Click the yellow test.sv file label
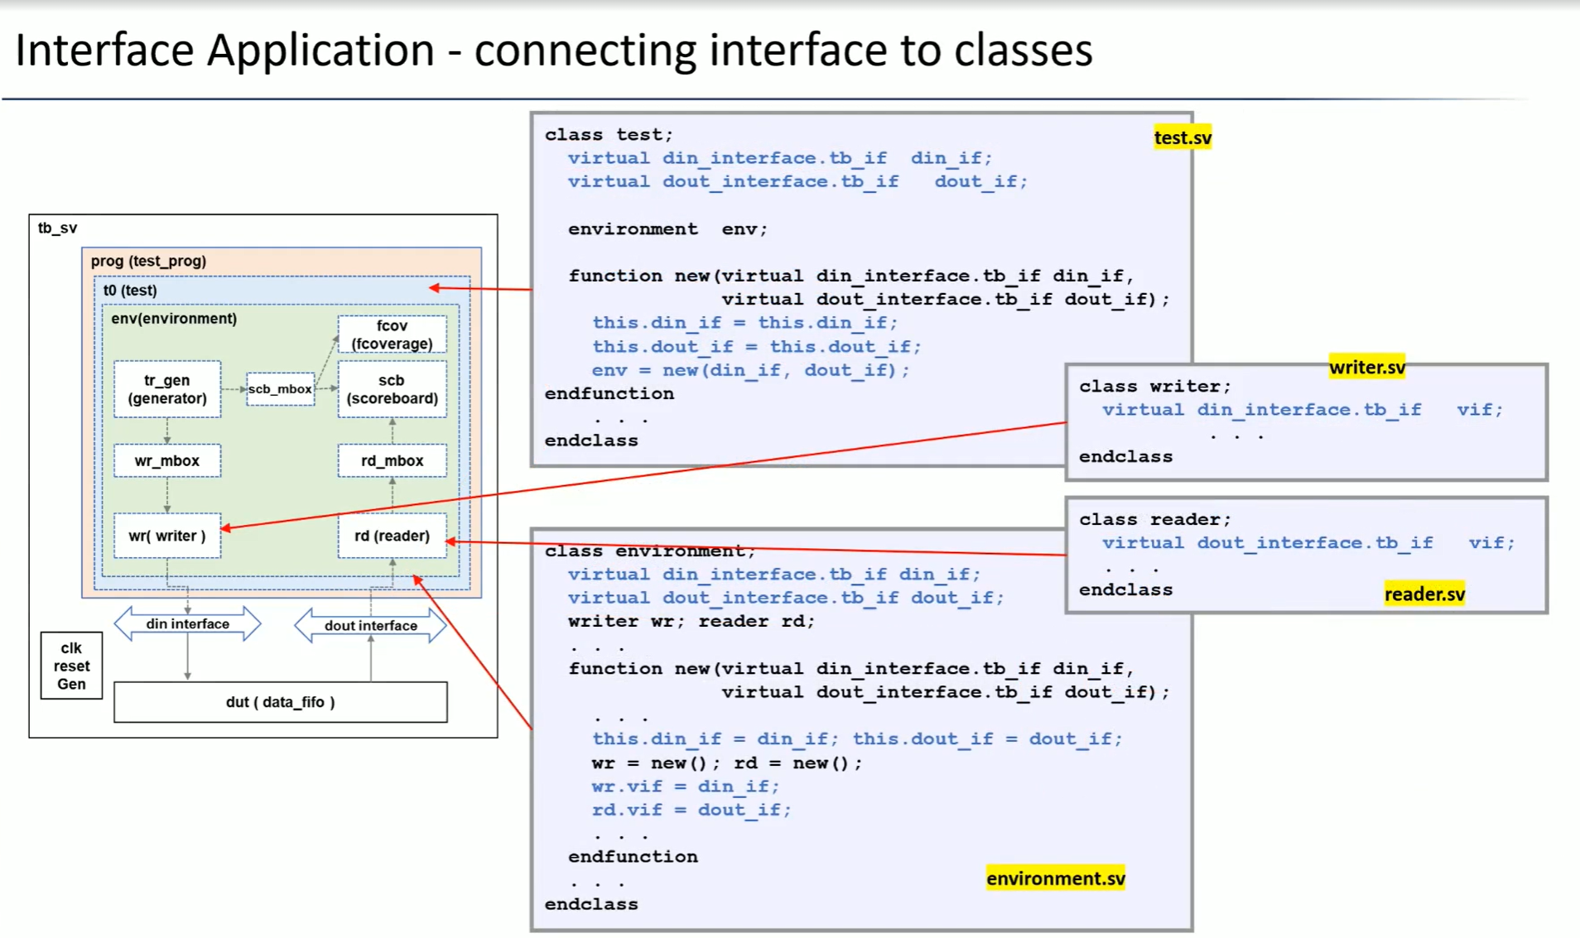click(x=1183, y=137)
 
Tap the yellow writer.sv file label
click(x=1367, y=367)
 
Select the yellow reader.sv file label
click(x=1424, y=594)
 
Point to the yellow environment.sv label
click(x=1056, y=878)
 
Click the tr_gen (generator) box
click(x=167, y=389)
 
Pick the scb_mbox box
click(x=281, y=389)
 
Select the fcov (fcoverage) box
click(x=393, y=334)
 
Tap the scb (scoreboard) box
click(x=393, y=389)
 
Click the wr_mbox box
click(x=167, y=460)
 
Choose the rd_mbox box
click(x=393, y=460)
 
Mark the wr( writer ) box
click(x=167, y=536)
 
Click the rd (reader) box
click(x=393, y=536)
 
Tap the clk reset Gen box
click(x=71, y=666)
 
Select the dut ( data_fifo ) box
click(x=281, y=702)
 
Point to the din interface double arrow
click(x=187, y=624)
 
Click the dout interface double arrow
click(x=370, y=626)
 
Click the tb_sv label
click(x=57, y=228)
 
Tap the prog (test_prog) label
click(x=148, y=261)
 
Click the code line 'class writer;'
click(x=1155, y=387)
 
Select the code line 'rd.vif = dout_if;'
click(x=691, y=810)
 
